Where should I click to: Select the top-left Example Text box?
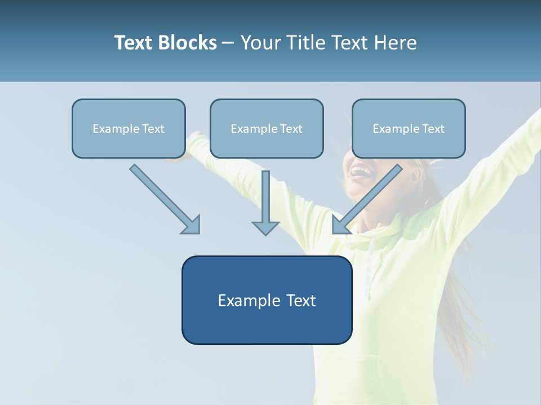coord(128,129)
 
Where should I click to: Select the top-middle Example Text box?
coord(267,129)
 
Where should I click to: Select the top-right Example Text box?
coord(409,129)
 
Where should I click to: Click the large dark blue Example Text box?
coord(267,300)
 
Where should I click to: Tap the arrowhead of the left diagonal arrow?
coord(192,225)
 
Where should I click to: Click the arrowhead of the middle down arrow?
coord(265,227)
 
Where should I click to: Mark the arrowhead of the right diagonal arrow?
coord(340,225)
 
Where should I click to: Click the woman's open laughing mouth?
coord(358,170)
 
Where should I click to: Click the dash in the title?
coord(228,43)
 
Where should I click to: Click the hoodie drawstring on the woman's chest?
coord(369,276)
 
